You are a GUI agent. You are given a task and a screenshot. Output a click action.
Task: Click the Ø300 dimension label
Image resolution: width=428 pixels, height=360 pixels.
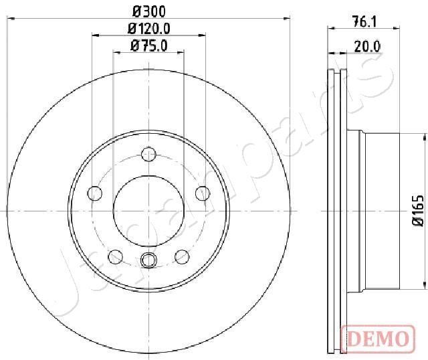tap(148, 10)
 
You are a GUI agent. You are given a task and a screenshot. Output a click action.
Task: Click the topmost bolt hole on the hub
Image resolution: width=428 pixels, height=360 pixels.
tap(148, 155)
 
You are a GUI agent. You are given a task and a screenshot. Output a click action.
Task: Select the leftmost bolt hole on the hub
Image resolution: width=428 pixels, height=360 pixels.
tap(95, 194)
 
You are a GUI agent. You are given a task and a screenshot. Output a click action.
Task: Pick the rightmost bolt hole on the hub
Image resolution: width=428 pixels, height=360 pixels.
tap(201, 193)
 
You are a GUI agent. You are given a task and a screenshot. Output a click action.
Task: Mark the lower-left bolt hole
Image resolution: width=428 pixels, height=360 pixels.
tap(115, 256)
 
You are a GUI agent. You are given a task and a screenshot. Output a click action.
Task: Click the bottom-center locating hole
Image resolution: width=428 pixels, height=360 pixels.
tap(148, 260)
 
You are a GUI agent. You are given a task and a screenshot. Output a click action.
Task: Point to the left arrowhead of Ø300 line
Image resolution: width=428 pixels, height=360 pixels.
tap(9, 19)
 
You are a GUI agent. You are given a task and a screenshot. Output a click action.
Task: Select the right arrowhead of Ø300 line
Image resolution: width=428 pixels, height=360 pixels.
tap(288, 19)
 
